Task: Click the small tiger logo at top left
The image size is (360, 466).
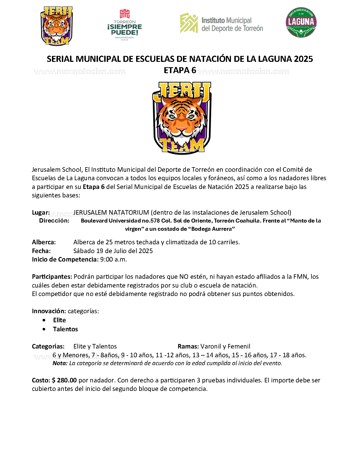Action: pos(56,26)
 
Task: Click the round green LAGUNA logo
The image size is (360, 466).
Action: pos(301,22)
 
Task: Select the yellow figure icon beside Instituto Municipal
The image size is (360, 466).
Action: pos(189,23)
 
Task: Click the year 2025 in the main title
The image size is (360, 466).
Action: pos(303,59)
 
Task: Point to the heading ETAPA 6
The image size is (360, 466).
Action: pos(180,70)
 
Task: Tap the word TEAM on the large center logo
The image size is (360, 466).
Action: pos(183,145)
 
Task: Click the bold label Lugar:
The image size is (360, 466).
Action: pos(41,212)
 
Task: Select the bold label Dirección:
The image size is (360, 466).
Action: pos(54,221)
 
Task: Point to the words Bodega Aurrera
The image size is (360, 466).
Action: pos(212,229)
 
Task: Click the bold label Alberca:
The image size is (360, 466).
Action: pos(44,242)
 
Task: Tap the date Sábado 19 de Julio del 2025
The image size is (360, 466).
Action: pos(113,251)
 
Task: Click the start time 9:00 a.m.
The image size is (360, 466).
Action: pos(114,259)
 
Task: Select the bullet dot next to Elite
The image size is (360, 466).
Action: pos(44,320)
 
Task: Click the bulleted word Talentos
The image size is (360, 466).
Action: pos(66,329)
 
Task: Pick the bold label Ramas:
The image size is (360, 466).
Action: pos(188,346)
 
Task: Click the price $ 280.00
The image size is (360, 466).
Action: pos(64,380)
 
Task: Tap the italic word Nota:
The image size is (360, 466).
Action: pos(60,363)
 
